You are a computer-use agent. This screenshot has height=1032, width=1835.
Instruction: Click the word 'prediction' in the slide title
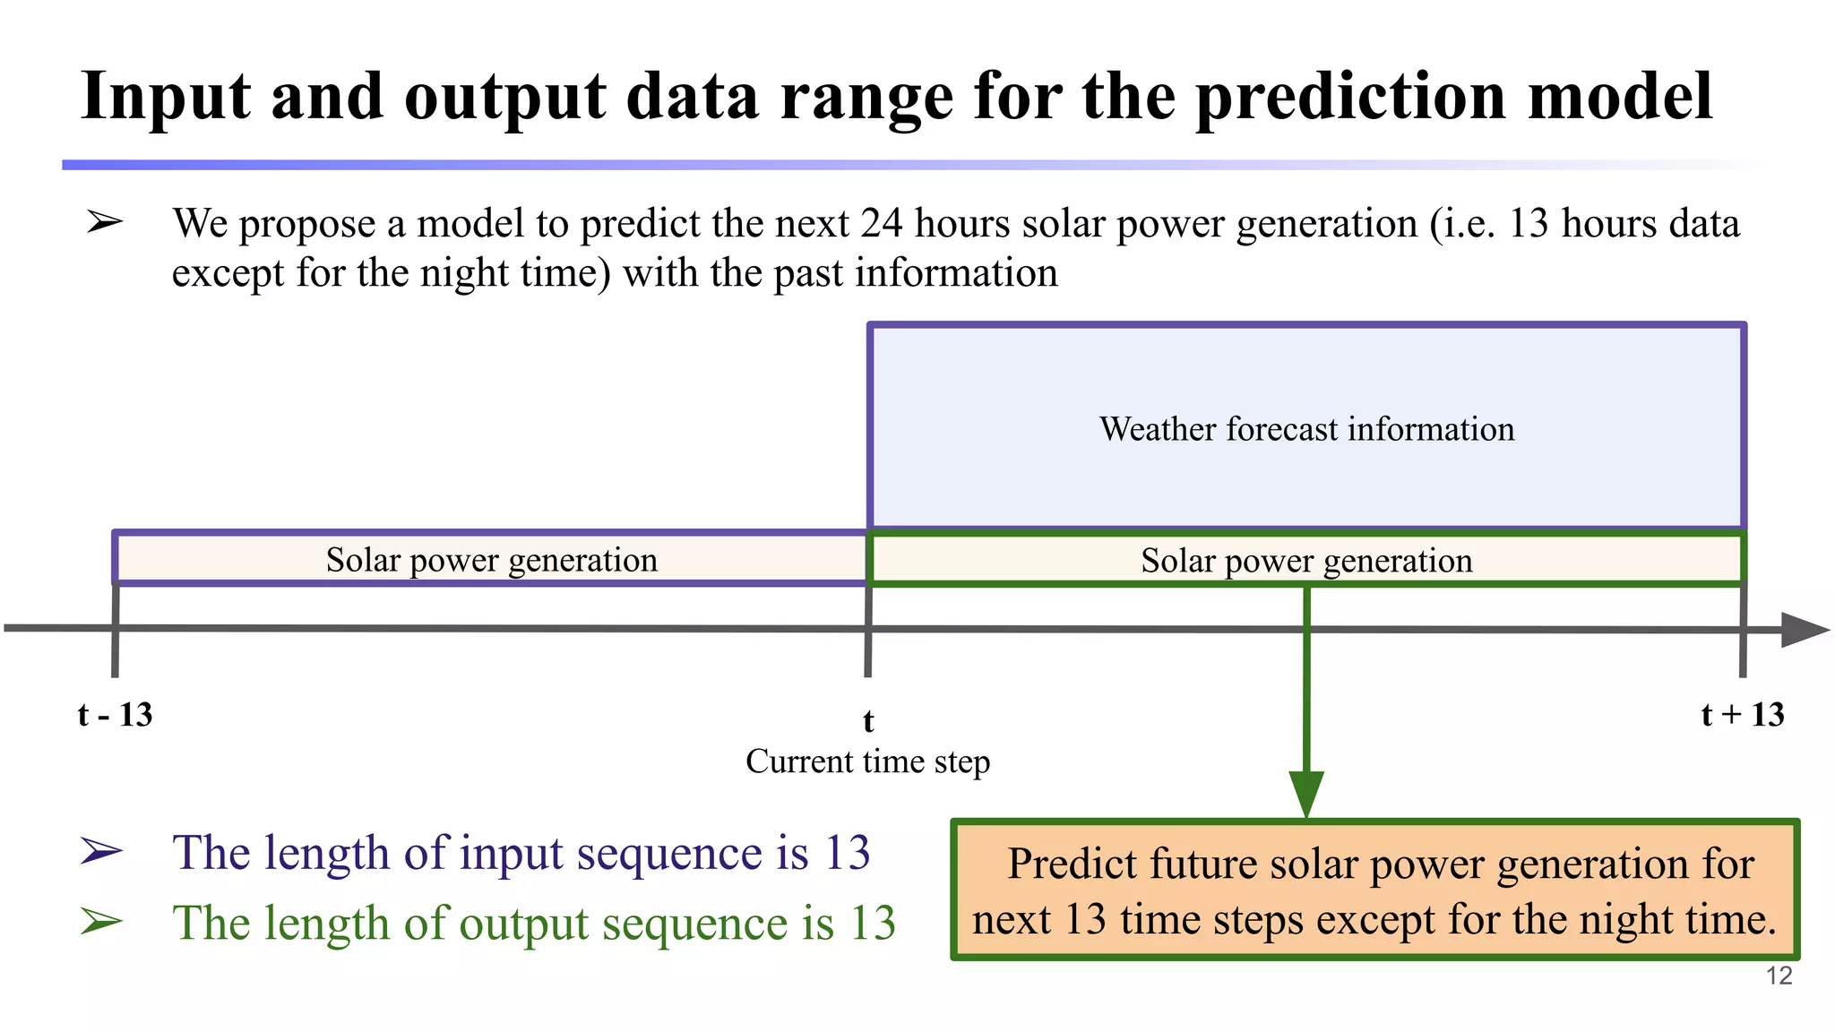click(x=1351, y=97)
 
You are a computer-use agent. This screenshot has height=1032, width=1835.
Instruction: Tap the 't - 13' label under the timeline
click(x=115, y=715)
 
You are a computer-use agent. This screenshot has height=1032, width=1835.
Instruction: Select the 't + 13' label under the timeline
click(x=1742, y=715)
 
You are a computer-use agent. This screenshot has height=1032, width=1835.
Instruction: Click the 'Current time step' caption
click(x=867, y=761)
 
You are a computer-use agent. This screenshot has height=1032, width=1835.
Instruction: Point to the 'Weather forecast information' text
click(x=1306, y=429)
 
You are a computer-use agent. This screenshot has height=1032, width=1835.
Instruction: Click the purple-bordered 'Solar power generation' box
click(x=491, y=560)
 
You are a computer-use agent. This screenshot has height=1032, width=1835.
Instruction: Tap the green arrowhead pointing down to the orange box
click(x=1306, y=792)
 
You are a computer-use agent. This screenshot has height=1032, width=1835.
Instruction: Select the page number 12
click(x=1779, y=976)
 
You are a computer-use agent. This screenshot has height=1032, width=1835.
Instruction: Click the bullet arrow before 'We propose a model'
click(x=104, y=221)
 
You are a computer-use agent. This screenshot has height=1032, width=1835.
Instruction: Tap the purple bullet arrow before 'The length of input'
click(x=100, y=851)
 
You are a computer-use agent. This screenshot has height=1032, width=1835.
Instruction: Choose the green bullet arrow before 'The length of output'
click(x=100, y=922)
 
